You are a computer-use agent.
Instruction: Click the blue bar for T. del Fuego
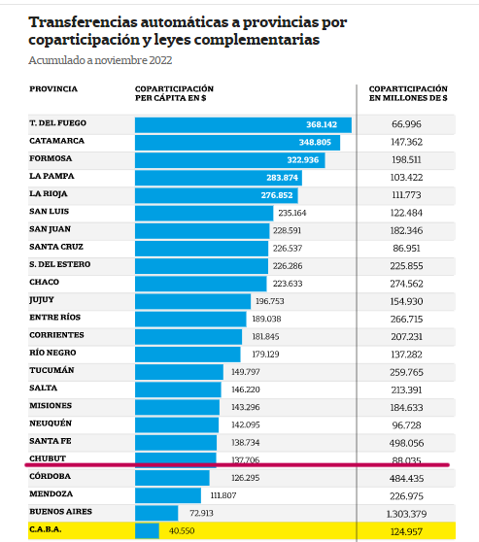[x=243, y=124]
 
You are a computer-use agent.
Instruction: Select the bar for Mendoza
[x=168, y=495]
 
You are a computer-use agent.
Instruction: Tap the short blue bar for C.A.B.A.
[x=147, y=530]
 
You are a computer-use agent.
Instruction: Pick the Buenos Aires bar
[x=156, y=513]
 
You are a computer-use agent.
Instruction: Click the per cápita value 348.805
[x=315, y=142]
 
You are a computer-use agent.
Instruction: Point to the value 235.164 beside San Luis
[x=292, y=213]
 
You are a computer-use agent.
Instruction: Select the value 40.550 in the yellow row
[x=182, y=530]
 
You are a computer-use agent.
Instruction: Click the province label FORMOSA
[x=51, y=158]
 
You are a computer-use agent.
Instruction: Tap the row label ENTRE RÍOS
[x=55, y=317]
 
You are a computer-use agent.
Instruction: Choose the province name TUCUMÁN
[x=51, y=370]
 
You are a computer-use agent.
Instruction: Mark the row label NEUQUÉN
[x=51, y=423]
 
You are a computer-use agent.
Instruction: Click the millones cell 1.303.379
[x=406, y=514]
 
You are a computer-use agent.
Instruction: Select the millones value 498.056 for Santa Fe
[x=406, y=443]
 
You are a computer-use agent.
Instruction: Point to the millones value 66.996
[x=406, y=124]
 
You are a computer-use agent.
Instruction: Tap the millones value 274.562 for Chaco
[x=406, y=284]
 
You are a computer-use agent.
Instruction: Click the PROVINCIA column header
[x=53, y=88]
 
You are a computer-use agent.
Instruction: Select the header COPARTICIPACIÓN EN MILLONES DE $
[x=408, y=93]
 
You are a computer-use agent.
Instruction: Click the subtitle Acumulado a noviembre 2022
[x=100, y=60]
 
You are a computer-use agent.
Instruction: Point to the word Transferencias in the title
[x=83, y=22]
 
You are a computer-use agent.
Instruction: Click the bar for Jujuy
[x=192, y=301]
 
